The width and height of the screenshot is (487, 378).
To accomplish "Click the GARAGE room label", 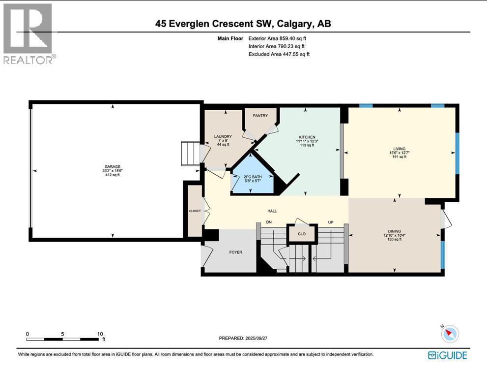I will pos(112,167).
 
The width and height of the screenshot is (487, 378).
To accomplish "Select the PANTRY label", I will pos(260,116).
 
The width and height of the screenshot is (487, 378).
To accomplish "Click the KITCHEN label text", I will pos(307,137).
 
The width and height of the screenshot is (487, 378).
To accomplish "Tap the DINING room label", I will pos(394,231).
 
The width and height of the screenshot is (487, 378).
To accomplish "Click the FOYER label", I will pos(235,252).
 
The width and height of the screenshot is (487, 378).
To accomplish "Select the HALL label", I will pos(272,211).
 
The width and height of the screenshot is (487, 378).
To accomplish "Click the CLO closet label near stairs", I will pos(302,234).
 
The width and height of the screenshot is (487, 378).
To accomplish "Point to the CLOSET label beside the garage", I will pos(195,211).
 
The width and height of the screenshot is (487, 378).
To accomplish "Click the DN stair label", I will pos(269,222).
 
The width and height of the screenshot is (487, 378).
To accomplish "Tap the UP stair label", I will pos(331,222).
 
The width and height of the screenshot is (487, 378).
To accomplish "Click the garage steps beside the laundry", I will pos(191,154).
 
